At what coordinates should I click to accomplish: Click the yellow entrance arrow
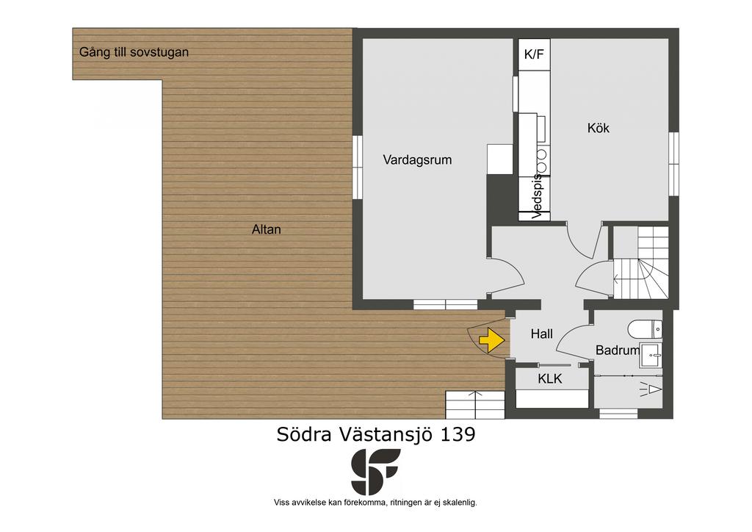pyautogui.click(x=492, y=340)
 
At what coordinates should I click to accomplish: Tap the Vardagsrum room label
pyautogui.click(x=417, y=159)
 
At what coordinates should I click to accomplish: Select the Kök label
pyautogui.click(x=599, y=128)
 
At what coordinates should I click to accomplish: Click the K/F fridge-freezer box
pyautogui.click(x=534, y=54)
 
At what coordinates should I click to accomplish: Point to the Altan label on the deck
pyautogui.click(x=266, y=229)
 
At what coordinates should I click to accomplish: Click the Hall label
pyautogui.click(x=542, y=334)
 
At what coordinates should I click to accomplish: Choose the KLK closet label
pyautogui.click(x=549, y=379)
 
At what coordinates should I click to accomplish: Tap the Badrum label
pyautogui.click(x=618, y=351)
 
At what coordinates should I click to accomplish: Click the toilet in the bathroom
pyautogui.click(x=645, y=329)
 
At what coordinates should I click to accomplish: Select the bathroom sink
pyautogui.click(x=651, y=356)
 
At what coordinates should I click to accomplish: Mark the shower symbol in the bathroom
pyautogui.click(x=651, y=389)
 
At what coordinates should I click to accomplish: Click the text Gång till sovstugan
pyautogui.click(x=134, y=52)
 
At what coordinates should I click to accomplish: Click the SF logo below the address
pyautogui.click(x=375, y=472)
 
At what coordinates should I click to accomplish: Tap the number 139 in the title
pyautogui.click(x=458, y=434)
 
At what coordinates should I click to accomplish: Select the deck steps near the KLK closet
pyautogui.click(x=475, y=405)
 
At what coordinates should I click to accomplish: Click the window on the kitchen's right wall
pyautogui.click(x=674, y=164)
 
